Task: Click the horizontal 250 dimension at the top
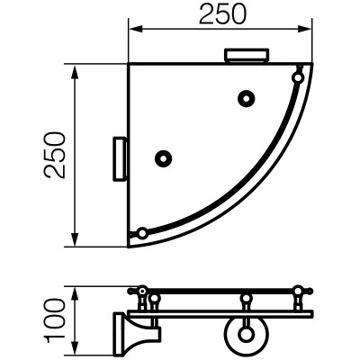pos(222,14)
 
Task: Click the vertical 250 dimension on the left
pos(54,156)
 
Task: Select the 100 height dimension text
pos(54,320)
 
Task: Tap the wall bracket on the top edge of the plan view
pos(247,55)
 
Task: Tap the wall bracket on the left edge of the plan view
pos(120,159)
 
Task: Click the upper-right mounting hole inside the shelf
pos(247,98)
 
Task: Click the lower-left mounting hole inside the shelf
pos(163,158)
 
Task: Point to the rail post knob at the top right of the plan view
pos(298,77)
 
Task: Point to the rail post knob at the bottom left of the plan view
pos(141,233)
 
